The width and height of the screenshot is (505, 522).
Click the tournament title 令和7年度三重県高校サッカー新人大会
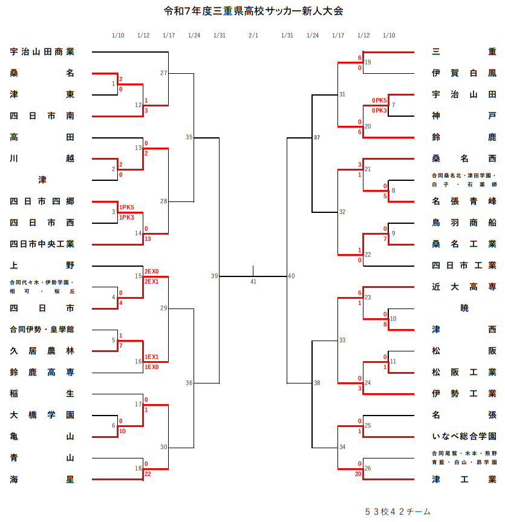tap(253, 11)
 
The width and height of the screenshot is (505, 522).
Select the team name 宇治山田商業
tap(42, 52)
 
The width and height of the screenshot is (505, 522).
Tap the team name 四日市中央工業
tap(42, 244)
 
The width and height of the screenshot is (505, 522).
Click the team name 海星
tap(42, 480)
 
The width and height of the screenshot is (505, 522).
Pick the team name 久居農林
tap(42, 351)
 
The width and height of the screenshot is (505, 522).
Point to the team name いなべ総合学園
tap(464, 437)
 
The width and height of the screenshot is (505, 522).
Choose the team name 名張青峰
tap(464, 201)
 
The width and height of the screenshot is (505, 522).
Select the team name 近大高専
tap(464, 287)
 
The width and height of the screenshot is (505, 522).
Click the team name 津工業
tap(464, 480)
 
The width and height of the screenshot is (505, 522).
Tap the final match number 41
tap(253, 282)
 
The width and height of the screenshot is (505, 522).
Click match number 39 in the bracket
tap(215, 276)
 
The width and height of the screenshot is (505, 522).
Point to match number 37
tap(317, 138)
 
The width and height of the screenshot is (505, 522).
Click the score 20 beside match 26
tap(358, 474)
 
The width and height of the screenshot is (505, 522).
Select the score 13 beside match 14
tap(148, 239)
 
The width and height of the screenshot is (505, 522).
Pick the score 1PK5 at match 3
tap(126, 207)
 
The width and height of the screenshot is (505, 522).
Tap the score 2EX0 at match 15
tap(151, 272)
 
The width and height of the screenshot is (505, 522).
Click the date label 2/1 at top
tap(253, 35)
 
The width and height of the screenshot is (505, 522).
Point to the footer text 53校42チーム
tap(398, 512)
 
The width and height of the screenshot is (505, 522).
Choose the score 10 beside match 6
tap(122, 431)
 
